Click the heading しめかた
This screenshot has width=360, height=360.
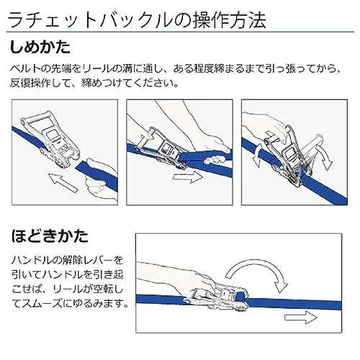tap(40, 47)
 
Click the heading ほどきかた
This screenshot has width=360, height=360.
tap(50, 236)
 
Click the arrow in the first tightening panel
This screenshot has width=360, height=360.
tap(63, 181)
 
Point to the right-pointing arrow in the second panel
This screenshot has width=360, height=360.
tap(188, 177)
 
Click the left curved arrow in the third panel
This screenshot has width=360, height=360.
tap(258, 155)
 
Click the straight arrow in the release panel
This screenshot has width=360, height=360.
tap(301, 318)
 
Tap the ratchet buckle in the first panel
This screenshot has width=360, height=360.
tap(52, 139)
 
